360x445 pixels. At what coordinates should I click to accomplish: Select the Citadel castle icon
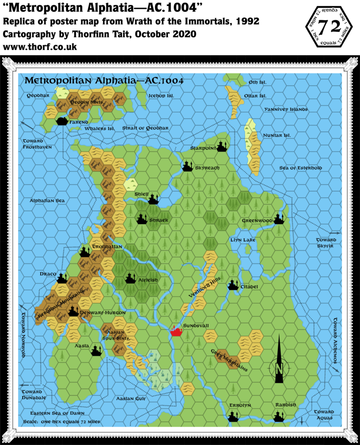pos(234,285)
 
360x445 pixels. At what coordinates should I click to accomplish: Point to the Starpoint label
pos(203,148)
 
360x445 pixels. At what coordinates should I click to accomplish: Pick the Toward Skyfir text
pos(326,242)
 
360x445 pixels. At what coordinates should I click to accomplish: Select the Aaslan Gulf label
pos(131,398)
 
